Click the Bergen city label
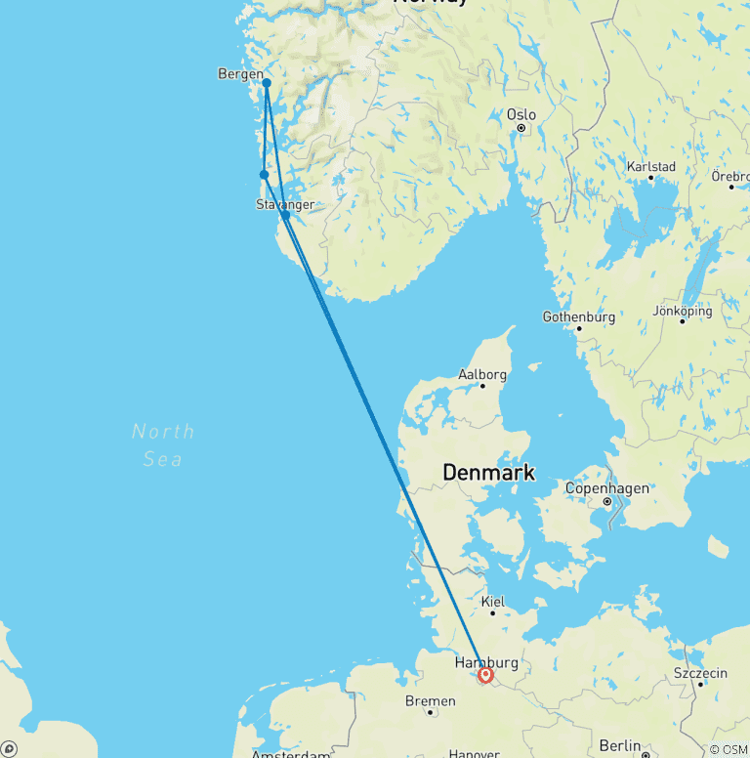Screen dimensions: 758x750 coord(240,74)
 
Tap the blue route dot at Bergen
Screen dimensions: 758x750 coord(267,83)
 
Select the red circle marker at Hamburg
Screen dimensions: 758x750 coord(485,675)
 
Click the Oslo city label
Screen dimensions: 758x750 coord(521,114)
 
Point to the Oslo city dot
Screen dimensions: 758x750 coord(521,128)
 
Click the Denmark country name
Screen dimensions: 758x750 coord(488,473)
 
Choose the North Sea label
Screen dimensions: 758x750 coord(163,444)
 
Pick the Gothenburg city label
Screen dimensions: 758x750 coord(579,317)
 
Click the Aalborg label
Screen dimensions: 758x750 coord(482,374)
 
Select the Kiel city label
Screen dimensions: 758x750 coord(493,603)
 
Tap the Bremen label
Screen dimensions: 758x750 coord(430,700)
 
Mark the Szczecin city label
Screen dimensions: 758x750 coord(700,673)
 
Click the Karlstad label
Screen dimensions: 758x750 coord(651,166)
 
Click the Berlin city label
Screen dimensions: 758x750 coord(620,746)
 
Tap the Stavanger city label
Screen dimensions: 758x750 coord(285,204)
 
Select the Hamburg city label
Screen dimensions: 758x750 coord(484,663)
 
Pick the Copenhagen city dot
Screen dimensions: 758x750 coord(607,502)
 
